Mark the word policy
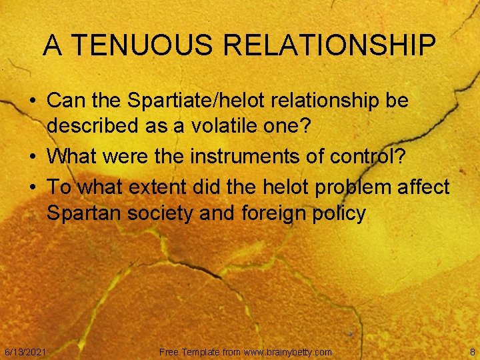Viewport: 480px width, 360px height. pyautogui.click(x=341, y=214)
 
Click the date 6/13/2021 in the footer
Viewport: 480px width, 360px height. pyautogui.click(x=25, y=351)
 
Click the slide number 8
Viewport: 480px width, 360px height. pyautogui.click(x=472, y=351)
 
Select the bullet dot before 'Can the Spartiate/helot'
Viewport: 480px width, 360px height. pyautogui.click(x=33, y=102)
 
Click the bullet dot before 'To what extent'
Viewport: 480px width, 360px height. pyautogui.click(x=33, y=188)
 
